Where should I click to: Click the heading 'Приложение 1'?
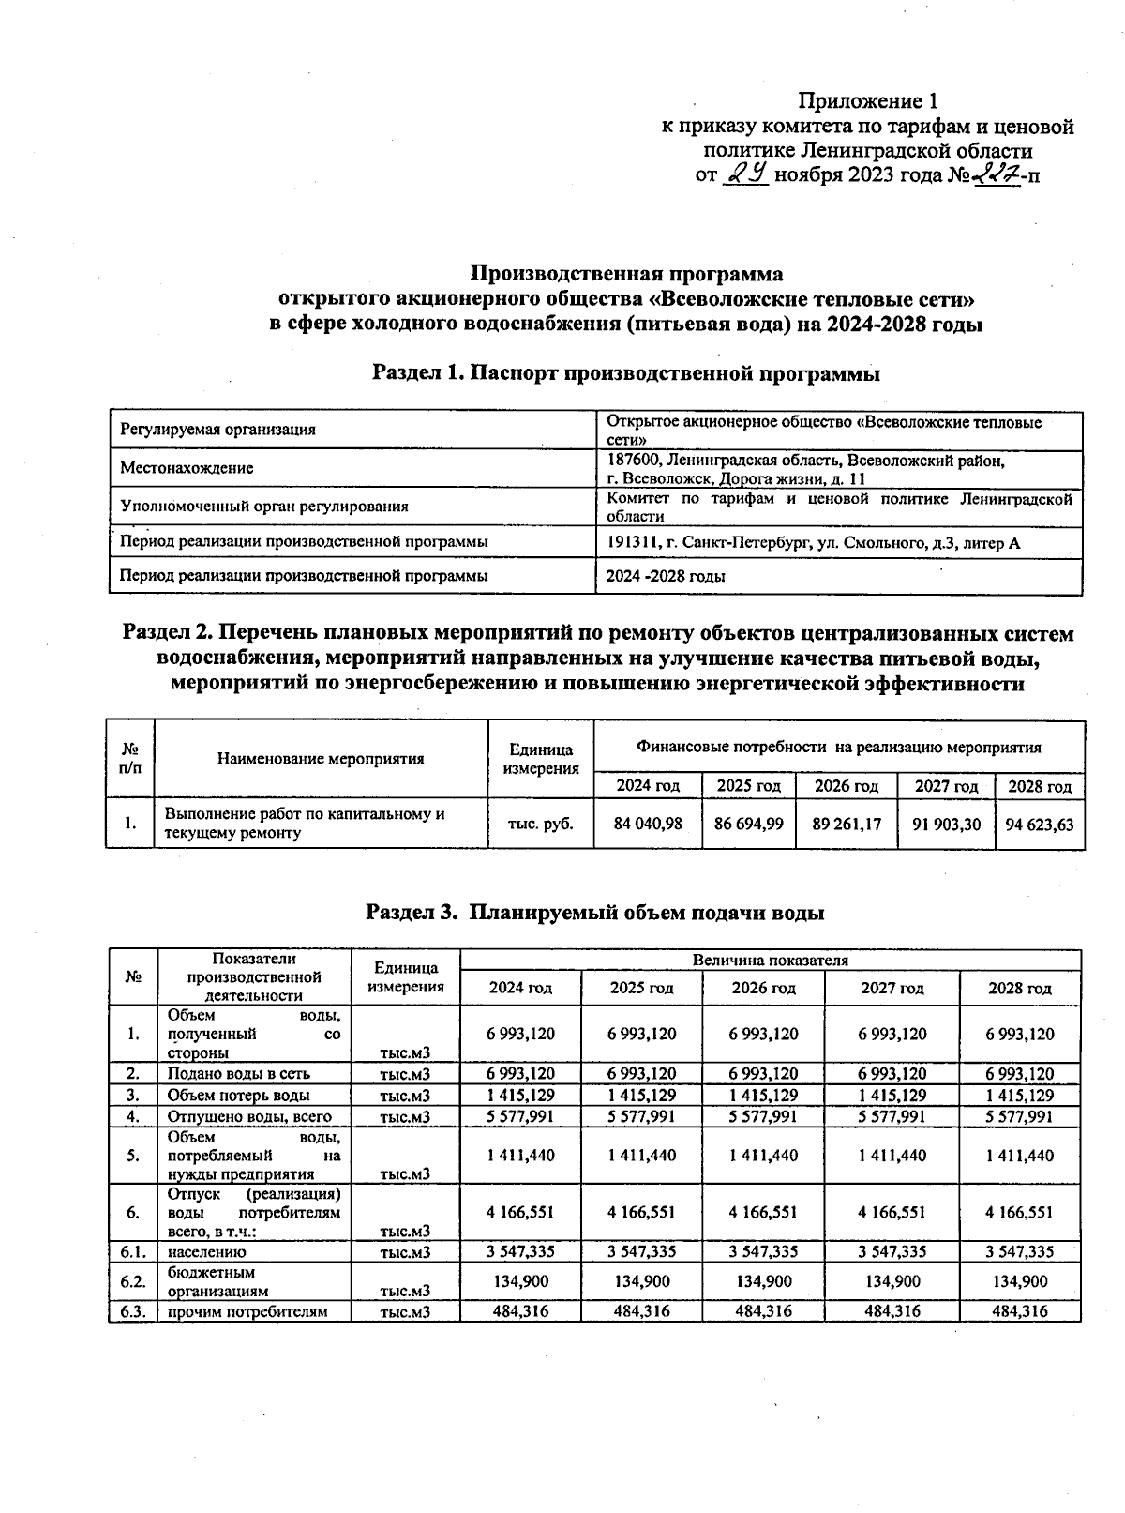(x=867, y=100)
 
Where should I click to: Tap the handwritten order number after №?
(x=995, y=174)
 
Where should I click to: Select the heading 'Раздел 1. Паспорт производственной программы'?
(x=626, y=372)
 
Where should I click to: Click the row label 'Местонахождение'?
(x=187, y=468)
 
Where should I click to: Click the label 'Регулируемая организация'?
(x=217, y=430)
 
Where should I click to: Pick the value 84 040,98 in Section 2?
(x=648, y=824)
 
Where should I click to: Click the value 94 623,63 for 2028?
(x=1039, y=824)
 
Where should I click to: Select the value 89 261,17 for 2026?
(x=847, y=824)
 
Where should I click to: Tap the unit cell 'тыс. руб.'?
(x=540, y=824)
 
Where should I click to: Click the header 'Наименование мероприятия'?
(x=321, y=759)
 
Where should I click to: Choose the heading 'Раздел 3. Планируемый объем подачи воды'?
(x=595, y=912)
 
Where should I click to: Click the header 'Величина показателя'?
(x=770, y=961)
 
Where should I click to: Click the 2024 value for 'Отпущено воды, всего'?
(x=520, y=1116)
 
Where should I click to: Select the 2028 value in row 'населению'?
(x=1020, y=1251)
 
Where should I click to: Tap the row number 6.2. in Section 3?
(x=133, y=1281)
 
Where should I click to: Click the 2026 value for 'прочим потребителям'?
(x=763, y=1311)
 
